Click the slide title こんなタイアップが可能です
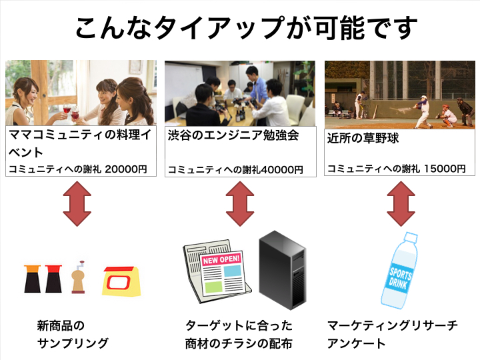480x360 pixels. (247, 28)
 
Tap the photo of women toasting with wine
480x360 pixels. (81, 93)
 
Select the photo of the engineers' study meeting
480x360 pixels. (239, 93)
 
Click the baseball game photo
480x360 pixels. (399, 94)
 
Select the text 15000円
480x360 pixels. (445, 169)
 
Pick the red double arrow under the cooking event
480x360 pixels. (77, 204)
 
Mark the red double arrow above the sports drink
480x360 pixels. (401, 204)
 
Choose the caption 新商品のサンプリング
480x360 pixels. (72, 335)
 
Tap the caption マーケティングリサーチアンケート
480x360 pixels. (392, 335)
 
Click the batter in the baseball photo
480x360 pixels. (421, 108)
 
